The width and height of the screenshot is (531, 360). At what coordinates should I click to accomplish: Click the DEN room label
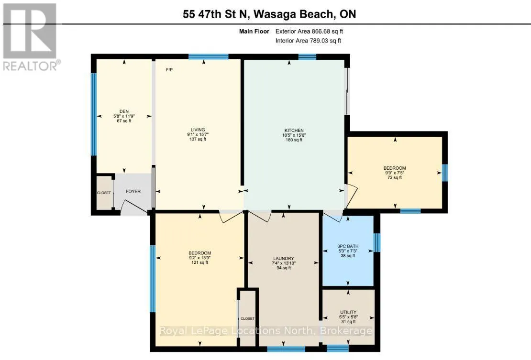click(x=124, y=111)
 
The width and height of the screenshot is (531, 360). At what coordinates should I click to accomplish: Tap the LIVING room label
click(x=198, y=130)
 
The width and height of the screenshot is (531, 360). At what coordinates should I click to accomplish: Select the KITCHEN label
click(x=294, y=130)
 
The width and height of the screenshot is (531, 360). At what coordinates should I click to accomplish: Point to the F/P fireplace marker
click(x=169, y=70)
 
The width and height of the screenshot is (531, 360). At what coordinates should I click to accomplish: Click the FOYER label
click(x=133, y=192)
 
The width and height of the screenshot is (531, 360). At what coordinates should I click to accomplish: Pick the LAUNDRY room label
click(x=284, y=259)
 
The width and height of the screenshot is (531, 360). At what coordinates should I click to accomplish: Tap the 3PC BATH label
click(x=348, y=246)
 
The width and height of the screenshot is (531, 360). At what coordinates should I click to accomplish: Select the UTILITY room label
click(x=348, y=312)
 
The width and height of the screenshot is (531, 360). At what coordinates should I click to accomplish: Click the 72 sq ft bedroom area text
click(x=395, y=177)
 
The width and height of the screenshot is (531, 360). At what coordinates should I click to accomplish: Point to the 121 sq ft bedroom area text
click(x=200, y=262)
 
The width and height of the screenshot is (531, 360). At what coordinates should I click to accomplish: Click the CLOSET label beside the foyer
click(x=104, y=193)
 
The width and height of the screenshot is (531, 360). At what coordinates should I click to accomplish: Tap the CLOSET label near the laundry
click(x=247, y=319)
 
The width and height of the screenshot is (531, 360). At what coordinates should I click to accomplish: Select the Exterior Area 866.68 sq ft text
click(x=309, y=32)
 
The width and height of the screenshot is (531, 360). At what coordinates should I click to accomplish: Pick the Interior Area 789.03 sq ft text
click(x=308, y=41)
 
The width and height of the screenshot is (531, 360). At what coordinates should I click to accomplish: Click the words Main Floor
click(x=254, y=32)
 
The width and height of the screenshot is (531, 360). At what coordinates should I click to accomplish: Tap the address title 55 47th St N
click(x=216, y=14)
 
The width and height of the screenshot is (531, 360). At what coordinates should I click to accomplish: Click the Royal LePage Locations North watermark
click(x=266, y=330)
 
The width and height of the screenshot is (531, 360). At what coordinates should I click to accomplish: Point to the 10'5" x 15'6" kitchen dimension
click(x=294, y=135)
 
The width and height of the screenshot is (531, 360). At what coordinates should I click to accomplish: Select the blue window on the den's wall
click(x=94, y=114)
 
